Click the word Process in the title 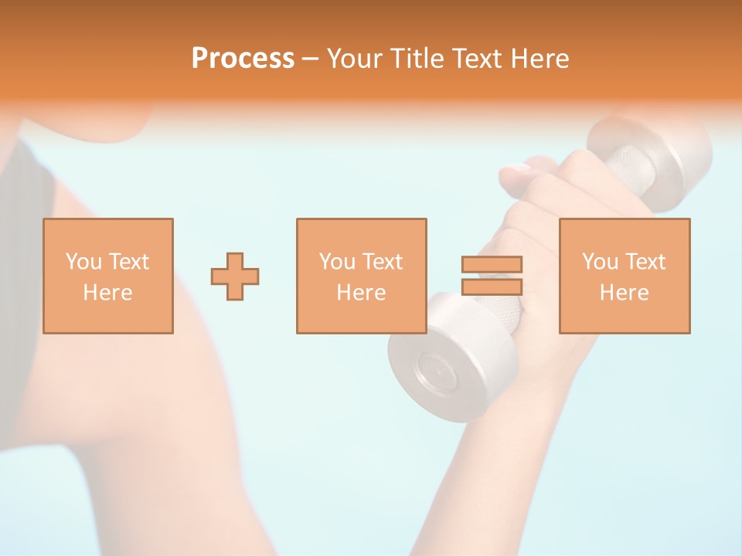pos(243,59)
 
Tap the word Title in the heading pos(418,59)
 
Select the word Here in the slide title pos(539,59)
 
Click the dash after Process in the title pos(310,59)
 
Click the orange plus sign pos(235,276)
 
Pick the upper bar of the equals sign pos(492,264)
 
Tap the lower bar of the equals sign pos(492,286)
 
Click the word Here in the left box pos(107,293)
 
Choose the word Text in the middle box pos(383,262)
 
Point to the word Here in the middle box pos(361,293)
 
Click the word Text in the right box pos(645,262)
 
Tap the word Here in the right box pos(624,293)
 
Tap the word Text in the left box pos(129,262)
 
